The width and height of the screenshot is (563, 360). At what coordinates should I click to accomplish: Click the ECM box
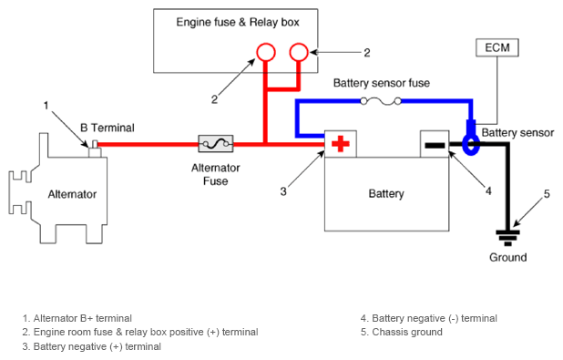pyautogui.click(x=497, y=47)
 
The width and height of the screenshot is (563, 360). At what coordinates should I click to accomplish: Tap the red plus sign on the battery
pyautogui.click(x=341, y=144)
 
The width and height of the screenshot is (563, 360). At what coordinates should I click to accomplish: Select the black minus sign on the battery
pyautogui.click(x=435, y=145)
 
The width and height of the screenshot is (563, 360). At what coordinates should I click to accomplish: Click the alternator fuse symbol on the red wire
pyautogui.click(x=216, y=144)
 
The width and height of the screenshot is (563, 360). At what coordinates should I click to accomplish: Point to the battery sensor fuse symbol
pyautogui.click(x=381, y=102)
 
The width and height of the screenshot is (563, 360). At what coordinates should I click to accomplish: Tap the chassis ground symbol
pyautogui.click(x=507, y=238)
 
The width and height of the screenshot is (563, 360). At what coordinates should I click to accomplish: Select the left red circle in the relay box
pyautogui.click(x=266, y=52)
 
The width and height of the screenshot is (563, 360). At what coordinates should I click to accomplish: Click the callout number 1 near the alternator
pyautogui.click(x=46, y=106)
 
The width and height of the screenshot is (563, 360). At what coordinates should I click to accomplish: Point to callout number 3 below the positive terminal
pyautogui.click(x=283, y=191)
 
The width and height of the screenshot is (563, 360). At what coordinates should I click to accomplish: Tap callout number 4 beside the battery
pyautogui.click(x=488, y=190)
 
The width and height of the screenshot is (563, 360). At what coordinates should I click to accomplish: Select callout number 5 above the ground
pyautogui.click(x=547, y=194)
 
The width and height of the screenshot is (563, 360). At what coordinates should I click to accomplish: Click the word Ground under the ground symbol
pyautogui.click(x=508, y=257)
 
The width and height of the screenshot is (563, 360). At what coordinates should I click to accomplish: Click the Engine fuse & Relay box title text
pyautogui.click(x=238, y=22)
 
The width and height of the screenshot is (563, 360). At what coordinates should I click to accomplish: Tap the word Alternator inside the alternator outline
pyautogui.click(x=72, y=194)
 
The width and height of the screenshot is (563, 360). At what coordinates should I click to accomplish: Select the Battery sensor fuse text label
pyautogui.click(x=382, y=83)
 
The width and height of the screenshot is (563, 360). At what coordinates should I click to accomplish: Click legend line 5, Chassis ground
pyautogui.click(x=402, y=332)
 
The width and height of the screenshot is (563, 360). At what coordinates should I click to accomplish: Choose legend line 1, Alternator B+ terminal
pyautogui.click(x=77, y=318)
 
